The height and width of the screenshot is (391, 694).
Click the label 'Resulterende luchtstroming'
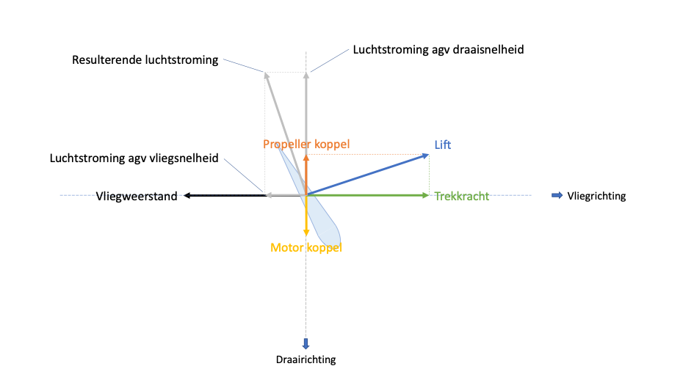click(145, 60)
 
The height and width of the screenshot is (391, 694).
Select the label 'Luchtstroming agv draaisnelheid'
click(438, 50)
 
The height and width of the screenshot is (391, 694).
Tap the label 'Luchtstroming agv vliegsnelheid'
click(134, 158)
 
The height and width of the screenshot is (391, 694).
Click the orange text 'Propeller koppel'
click(306, 145)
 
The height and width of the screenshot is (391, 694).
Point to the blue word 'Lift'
click(443, 145)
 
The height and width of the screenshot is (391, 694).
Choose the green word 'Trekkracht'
click(462, 197)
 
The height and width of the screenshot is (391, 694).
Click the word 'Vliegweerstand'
click(137, 197)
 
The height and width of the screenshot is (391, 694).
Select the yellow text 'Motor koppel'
click(306, 248)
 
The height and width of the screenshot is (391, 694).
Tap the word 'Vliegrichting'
click(596, 196)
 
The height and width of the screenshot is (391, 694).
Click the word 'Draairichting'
click(306, 359)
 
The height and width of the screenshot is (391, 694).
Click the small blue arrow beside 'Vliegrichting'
click(557, 195)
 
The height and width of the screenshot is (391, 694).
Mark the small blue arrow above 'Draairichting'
click(306, 343)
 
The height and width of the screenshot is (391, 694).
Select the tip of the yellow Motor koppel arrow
click(306, 235)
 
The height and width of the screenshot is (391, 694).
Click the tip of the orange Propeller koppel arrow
click(306, 156)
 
